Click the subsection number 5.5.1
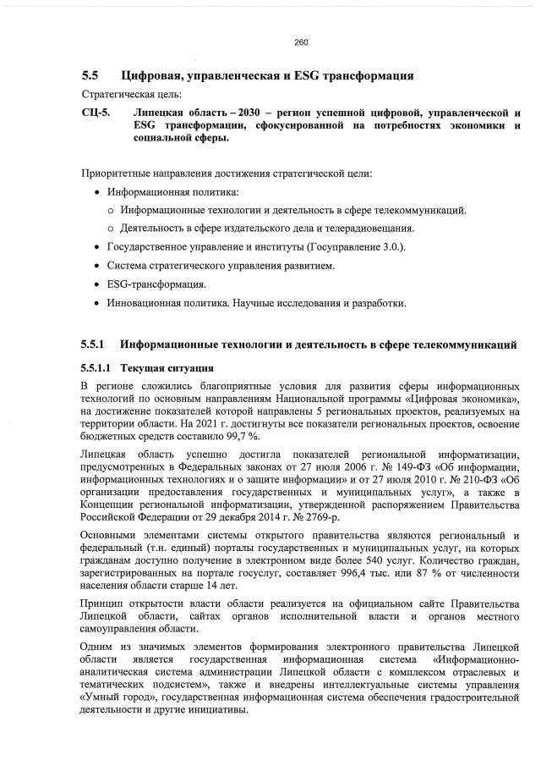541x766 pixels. (x=92, y=345)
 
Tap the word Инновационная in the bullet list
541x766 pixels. (x=148, y=303)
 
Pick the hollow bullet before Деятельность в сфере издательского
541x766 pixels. (x=111, y=229)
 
